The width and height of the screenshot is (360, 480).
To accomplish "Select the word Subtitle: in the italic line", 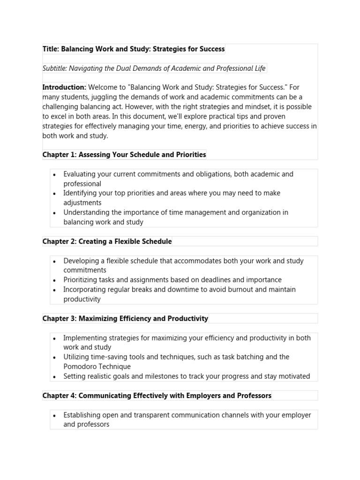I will [x=55, y=68].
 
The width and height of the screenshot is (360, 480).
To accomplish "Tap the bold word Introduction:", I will [x=64, y=87].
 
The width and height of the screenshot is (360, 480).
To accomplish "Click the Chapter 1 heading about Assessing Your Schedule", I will [x=124, y=155].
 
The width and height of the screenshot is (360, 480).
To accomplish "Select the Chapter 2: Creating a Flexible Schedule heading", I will [x=107, y=241].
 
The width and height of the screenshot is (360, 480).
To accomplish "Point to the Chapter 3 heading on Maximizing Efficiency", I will [x=125, y=319].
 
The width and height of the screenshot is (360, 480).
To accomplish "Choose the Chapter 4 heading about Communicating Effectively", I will [x=157, y=396].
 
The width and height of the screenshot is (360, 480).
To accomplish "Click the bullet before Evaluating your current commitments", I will [x=55, y=174].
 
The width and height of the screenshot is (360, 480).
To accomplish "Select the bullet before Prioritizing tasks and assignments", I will [x=55, y=280].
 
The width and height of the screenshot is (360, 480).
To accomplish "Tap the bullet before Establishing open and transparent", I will [x=55, y=415].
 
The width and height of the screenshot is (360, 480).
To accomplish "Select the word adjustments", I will [x=82, y=203].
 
